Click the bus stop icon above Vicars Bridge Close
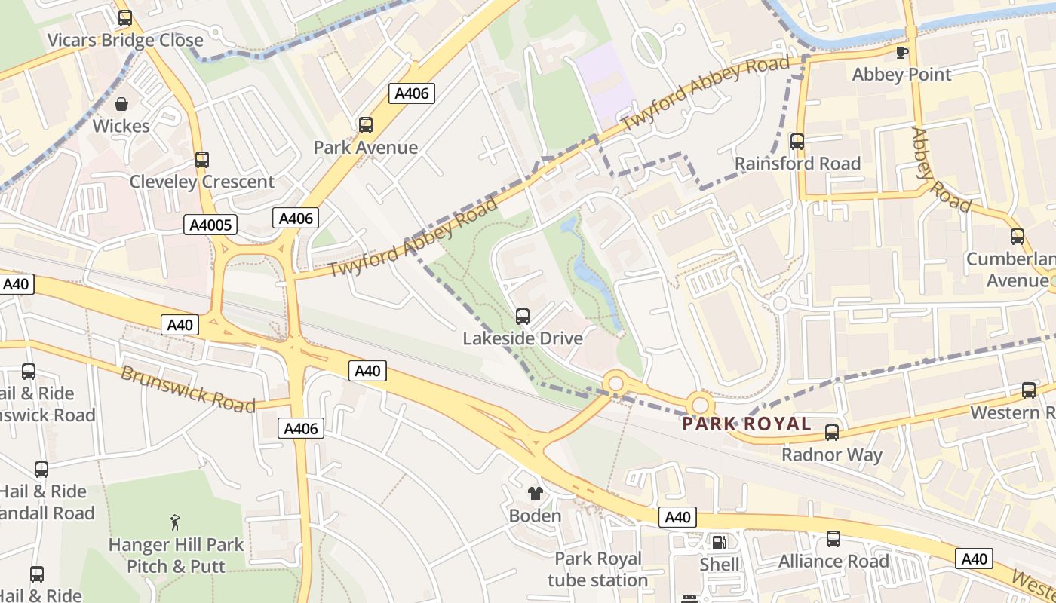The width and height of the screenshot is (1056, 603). pyautogui.click(x=125, y=18)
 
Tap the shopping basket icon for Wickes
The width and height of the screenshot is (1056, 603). pyautogui.click(x=121, y=103)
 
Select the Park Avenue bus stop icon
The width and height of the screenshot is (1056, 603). pyautogui.click(x=366, y=125)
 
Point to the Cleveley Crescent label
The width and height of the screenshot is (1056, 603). pyautogui.click(x=201, y=182)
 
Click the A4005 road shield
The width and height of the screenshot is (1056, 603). pyautogui.click(x=210, y=224)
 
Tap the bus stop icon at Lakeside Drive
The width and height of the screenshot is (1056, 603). pyautogui.click(x=523, y=317)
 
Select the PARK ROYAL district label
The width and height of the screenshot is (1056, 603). pyautogui.click(x=746, y=424)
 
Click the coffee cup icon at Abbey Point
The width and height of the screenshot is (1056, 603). pyautogui.click(x=901, y=52)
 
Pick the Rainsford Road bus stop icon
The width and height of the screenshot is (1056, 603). pyautogui.click(x=797, y=142)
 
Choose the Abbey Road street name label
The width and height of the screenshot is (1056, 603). pyautogui.click(x=940, y=170)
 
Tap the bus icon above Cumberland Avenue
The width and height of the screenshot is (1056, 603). pyautogui.click(x=1018, y=237)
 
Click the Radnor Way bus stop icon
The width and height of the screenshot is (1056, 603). pyautogui.click(x=832, y=433)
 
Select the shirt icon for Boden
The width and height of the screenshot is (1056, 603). pyautogui.click(x=536, y=494)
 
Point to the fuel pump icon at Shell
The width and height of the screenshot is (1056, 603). pyautogui.click(x=720, y=542)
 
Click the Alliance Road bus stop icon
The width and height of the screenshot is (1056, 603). pyautogui.click(x=833, y=539)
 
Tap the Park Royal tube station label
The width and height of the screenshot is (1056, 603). pyautogui.click(x=597, y=569)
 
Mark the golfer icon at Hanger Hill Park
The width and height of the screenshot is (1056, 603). pyautogui.click(x=176, y=522)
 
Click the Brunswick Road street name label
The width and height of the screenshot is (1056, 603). pyautogui.click(x=188, y=389)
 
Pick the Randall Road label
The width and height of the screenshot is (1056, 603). pyautogui.click(x=48, y=513)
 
